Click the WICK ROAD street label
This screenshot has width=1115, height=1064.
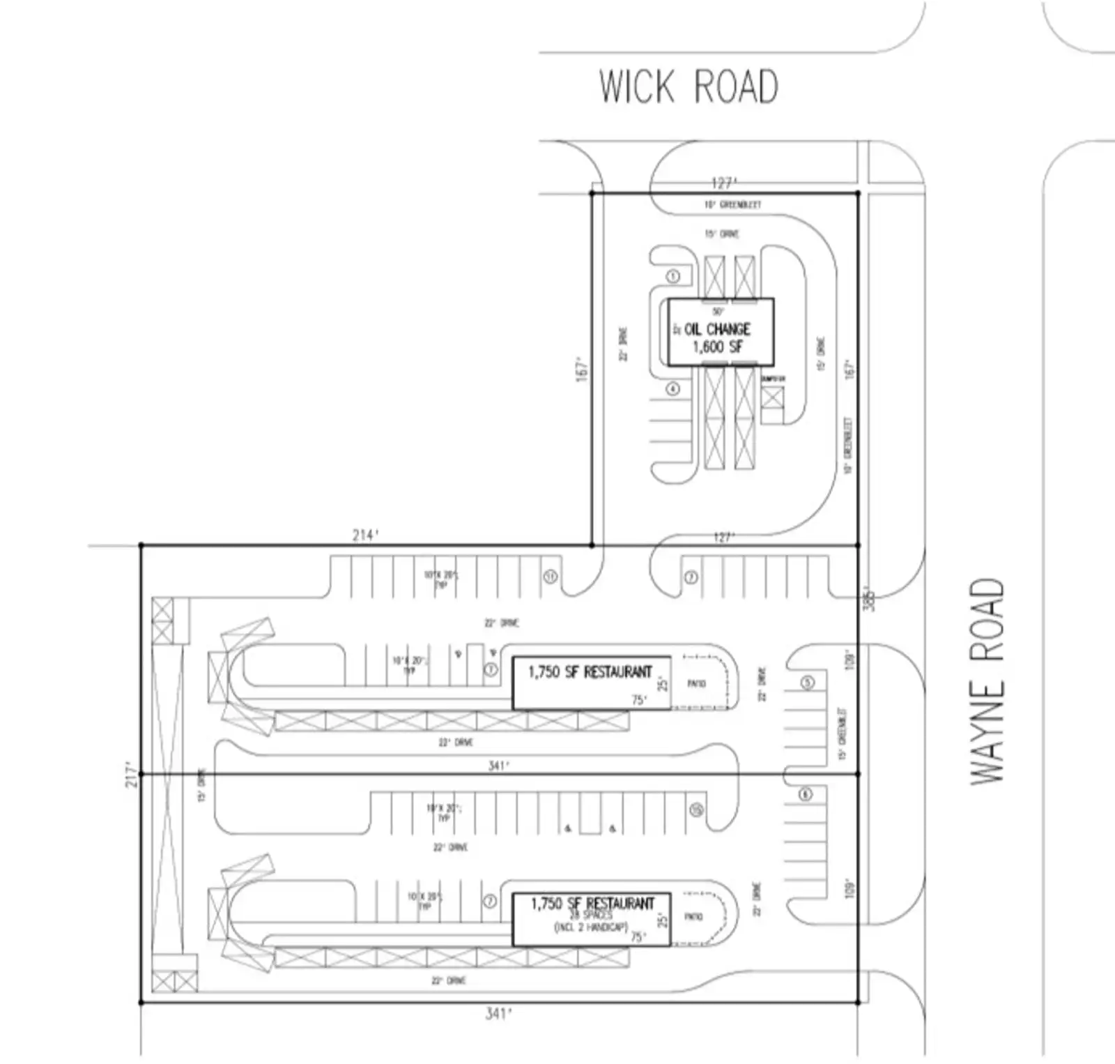(x=689, y=86)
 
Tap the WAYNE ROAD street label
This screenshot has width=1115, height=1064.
(x=987, y=681)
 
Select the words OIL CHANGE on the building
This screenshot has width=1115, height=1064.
(x=717, y=329)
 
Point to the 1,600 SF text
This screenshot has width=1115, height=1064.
(x=718, y=347)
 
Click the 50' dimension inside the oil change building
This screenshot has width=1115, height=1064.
(x=718, y=312)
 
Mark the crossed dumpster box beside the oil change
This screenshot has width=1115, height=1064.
(x=772, y=398)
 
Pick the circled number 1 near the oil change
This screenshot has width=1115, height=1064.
(x=673, y=277)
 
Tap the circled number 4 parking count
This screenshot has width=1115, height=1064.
(x=673, y=389)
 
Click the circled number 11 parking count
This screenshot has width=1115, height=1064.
(x=551, y=577)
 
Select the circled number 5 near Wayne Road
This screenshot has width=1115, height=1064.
(x=807, y=682)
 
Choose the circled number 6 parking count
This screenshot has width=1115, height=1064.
(x=806, y=794)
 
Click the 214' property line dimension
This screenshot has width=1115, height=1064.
(x=366, y=535)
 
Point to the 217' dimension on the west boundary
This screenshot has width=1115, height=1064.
(x=131, y=774)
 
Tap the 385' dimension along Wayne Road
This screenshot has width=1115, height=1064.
(x=868, y=598)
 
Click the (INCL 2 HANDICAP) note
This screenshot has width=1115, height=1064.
(x=591, y=927)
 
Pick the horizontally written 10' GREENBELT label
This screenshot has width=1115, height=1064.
(x=732, y=204)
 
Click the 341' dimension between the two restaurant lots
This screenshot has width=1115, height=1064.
(x=498, y=766)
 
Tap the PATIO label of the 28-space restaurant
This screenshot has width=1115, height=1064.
(x=693, y=917)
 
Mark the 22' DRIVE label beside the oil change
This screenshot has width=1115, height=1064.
(x=624, y=344)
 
